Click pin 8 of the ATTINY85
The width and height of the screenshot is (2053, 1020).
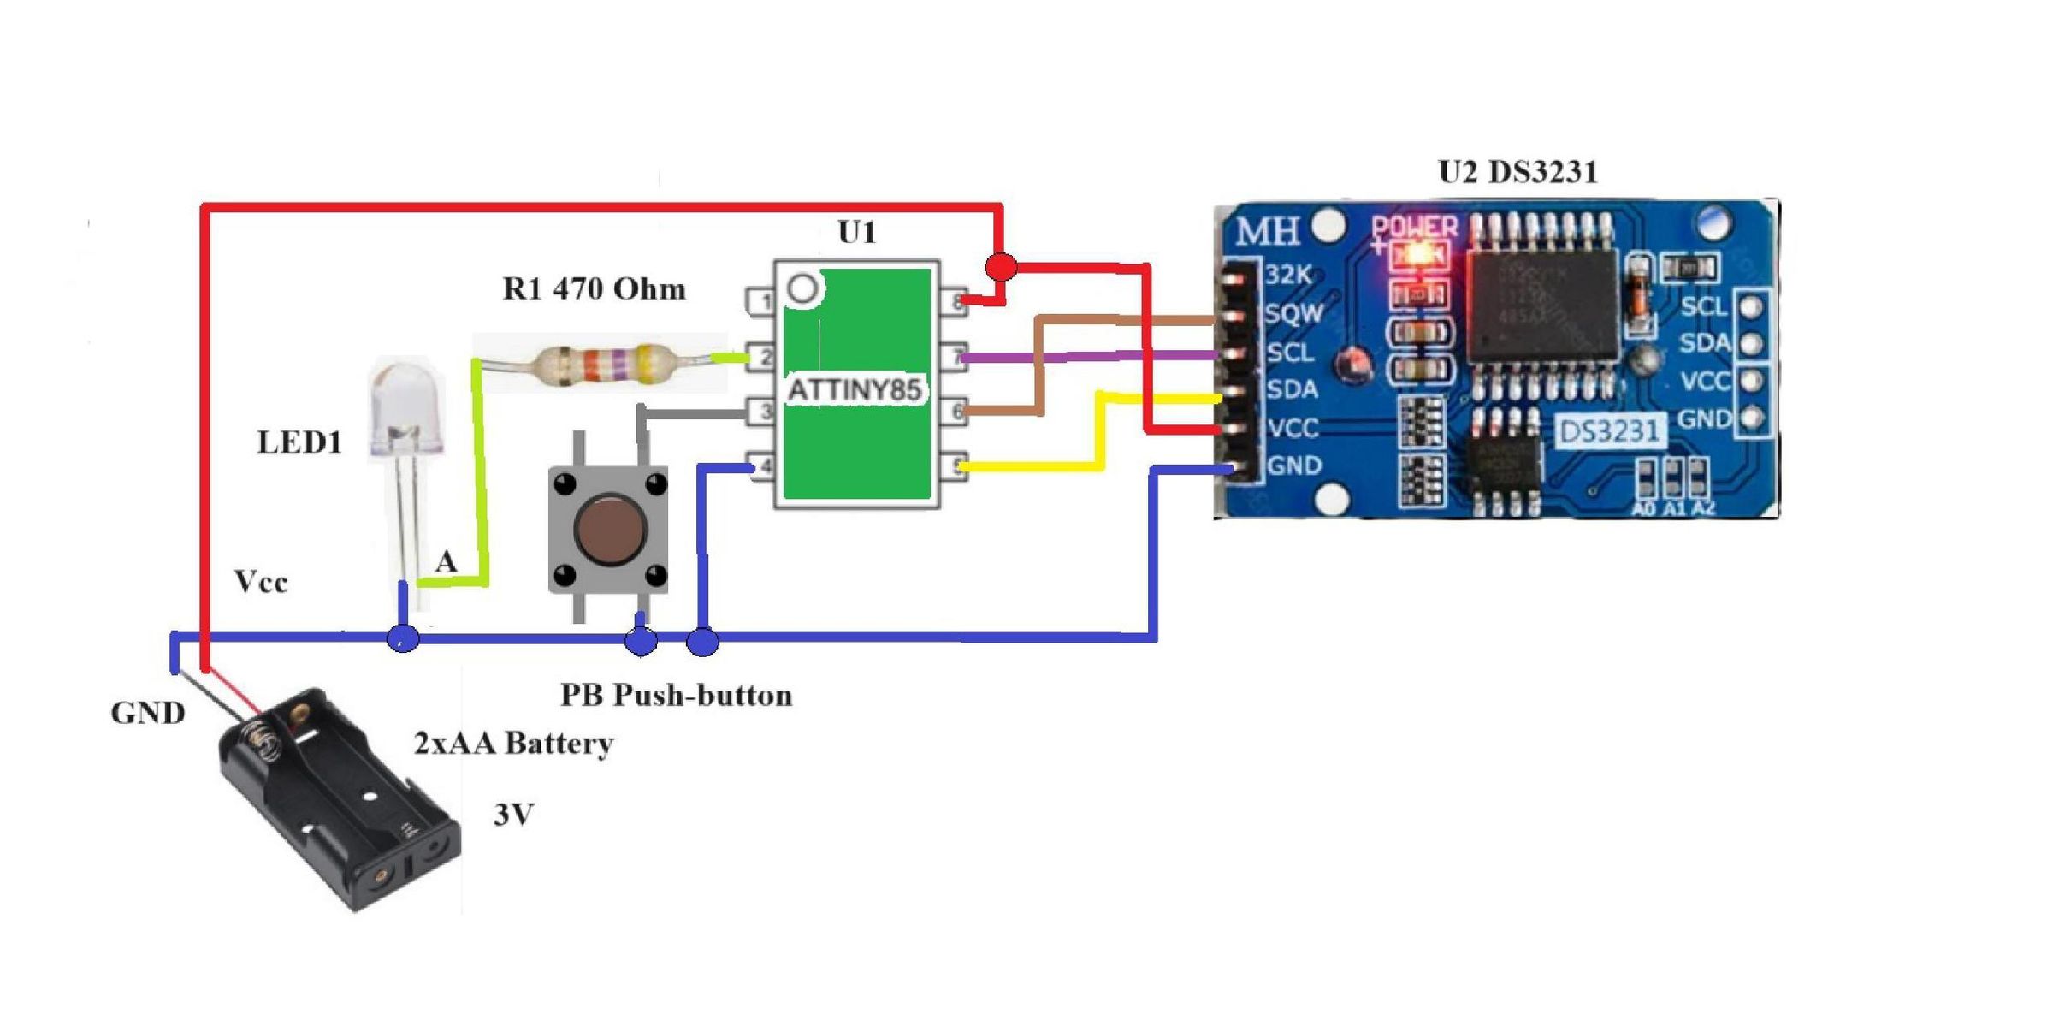point(953,301)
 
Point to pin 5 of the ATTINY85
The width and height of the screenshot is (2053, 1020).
point(953,466)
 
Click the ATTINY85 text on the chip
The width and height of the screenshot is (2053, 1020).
point(854,391)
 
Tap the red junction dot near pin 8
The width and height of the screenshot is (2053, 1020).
point(1001,267)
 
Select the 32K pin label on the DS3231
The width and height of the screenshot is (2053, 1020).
point(1288,275)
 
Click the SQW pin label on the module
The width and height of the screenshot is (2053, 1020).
point(1293,313)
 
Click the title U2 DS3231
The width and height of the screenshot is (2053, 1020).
point(1518,172)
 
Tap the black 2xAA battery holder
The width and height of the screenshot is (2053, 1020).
point(342,800)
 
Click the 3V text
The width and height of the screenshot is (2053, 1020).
point(514,815)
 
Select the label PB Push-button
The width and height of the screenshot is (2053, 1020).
point(676,695)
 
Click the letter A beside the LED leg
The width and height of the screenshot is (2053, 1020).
point(446,562)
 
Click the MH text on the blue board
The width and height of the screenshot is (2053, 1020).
point(1267,231)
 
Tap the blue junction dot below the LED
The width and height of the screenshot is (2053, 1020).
point(403,638)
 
